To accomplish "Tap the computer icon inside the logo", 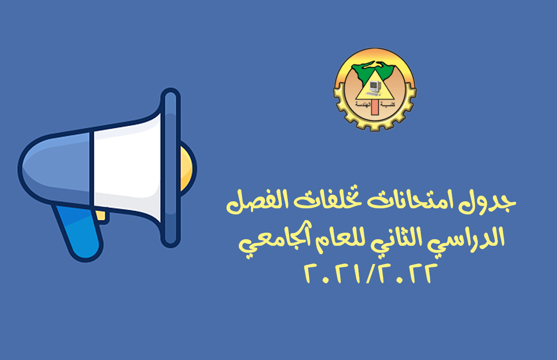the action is [x=374, y=87].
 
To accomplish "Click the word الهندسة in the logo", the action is [x=363, y=104].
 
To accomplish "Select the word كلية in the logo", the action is [x=388, y=104].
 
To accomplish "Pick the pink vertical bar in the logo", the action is [x=375, y=107].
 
